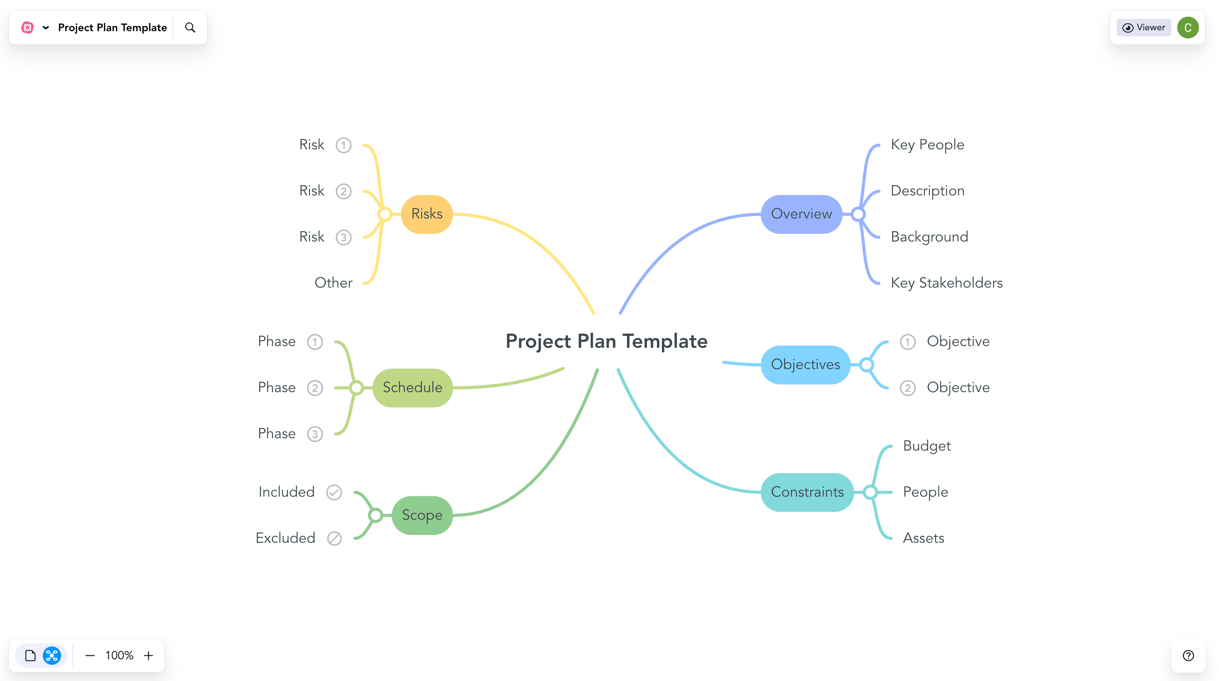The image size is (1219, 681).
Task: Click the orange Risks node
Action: click(426, 214)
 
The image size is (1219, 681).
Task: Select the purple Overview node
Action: click(801, 214)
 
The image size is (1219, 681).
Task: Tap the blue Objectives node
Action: click(805, 365)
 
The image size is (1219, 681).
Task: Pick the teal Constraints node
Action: click(807, 492)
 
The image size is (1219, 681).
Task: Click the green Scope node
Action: click(422, 515)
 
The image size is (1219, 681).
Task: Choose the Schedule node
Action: click(412, 387)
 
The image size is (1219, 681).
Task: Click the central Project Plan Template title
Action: click(606, 341)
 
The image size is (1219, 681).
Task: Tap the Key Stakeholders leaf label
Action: click(946, 283)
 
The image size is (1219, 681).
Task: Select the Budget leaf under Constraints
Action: click(927, 446)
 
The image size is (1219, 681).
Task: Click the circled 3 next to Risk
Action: click(344, 237)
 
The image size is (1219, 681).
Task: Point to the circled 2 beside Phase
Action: click(315, 388)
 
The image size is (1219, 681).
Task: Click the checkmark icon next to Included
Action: click(334, 492)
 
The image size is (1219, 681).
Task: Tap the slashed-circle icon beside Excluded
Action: click(334, 538)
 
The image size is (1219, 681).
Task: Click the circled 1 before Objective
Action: click(907, 342)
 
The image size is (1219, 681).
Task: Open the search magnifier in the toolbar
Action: click(190, 28)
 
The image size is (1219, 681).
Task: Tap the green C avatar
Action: click(1187, 27)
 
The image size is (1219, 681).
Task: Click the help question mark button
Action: click(1188, 655)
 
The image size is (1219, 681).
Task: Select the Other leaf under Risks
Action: click(334, 283)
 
